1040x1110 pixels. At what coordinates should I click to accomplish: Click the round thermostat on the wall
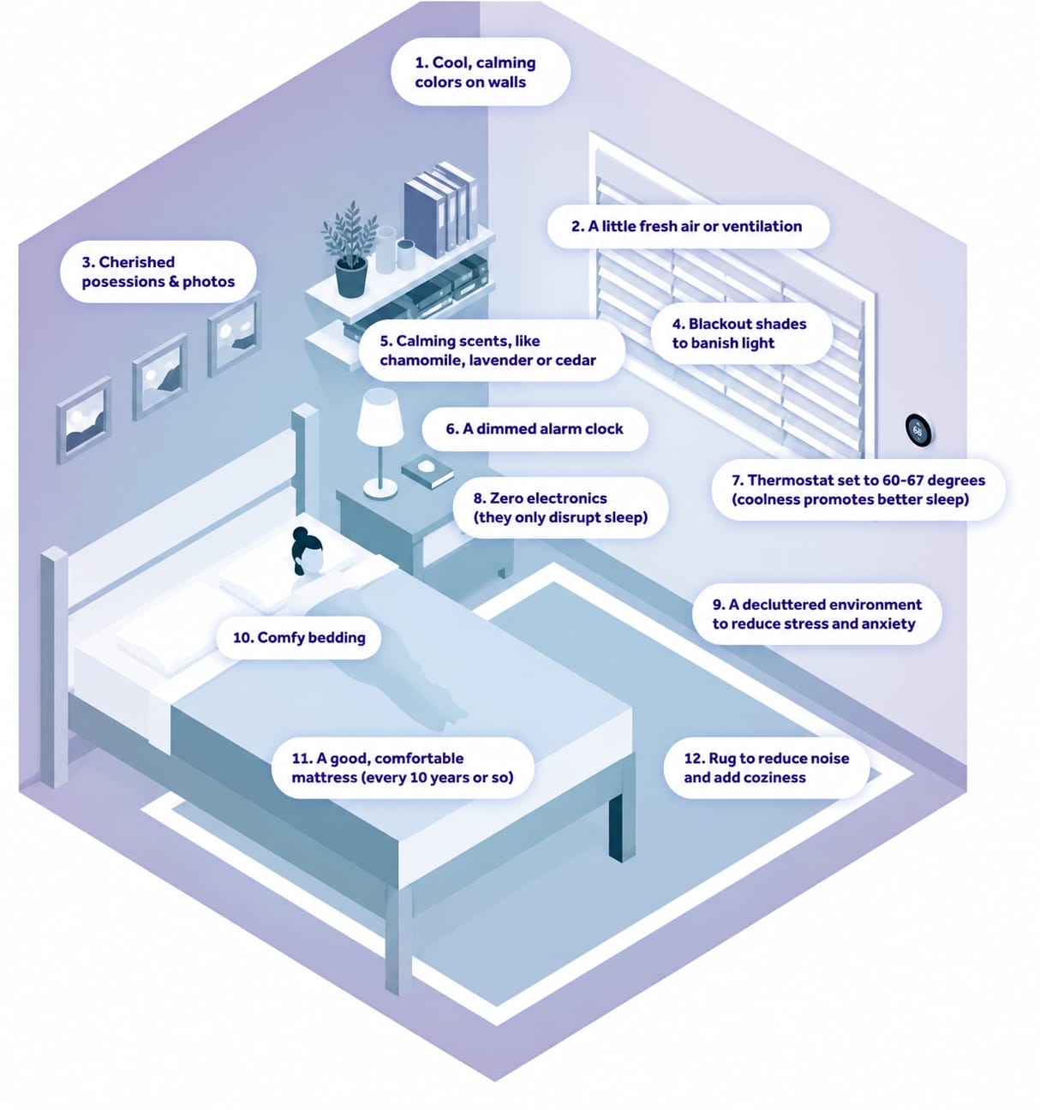(x=918, y=430)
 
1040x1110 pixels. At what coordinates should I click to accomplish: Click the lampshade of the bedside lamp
(x=380, y=417)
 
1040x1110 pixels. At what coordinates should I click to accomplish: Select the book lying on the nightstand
(x=427, y=470)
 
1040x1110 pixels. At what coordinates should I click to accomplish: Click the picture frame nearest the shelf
(x=234, y=334)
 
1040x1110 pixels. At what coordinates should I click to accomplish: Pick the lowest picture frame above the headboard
(x=84, y=420)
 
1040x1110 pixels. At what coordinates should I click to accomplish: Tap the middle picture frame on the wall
(x=160, y=377)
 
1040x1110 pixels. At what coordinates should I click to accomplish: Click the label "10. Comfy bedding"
(x=299, y=637)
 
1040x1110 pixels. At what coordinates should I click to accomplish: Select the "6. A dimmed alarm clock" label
(x=534, y=429)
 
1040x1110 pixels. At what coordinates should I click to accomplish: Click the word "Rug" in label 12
(x=722, y=759)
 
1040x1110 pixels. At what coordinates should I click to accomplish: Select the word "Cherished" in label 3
(x=137, y=261)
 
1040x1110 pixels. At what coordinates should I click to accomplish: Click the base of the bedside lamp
(x=380, y=490)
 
